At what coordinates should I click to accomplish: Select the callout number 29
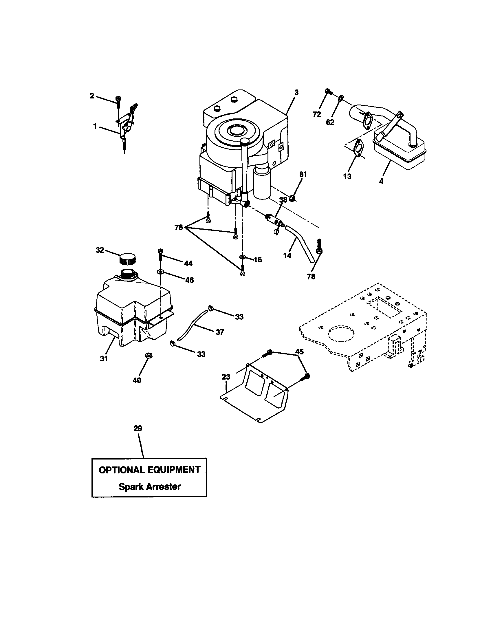pos(138,429)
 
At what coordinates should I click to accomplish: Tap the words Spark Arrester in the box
pos(150,487)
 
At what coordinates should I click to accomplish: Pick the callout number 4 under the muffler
pos(381,181)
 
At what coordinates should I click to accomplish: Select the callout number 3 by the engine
pos(296,92)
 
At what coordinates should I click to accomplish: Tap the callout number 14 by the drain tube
pos(287,255)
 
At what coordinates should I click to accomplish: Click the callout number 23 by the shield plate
pos(226,377)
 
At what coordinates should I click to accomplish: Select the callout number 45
pos(299,352)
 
